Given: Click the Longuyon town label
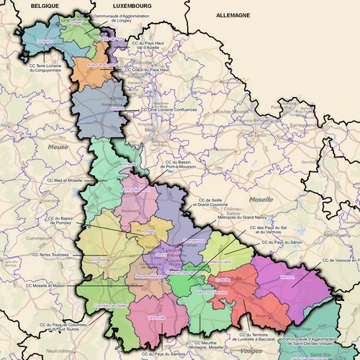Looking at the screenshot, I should coord(44,42).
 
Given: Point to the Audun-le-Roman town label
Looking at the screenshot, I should coord(102,65).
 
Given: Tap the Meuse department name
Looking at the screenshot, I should coord(57,147).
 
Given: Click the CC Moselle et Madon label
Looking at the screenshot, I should coord(50,285).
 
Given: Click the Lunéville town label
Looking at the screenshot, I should coord(222,279).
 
